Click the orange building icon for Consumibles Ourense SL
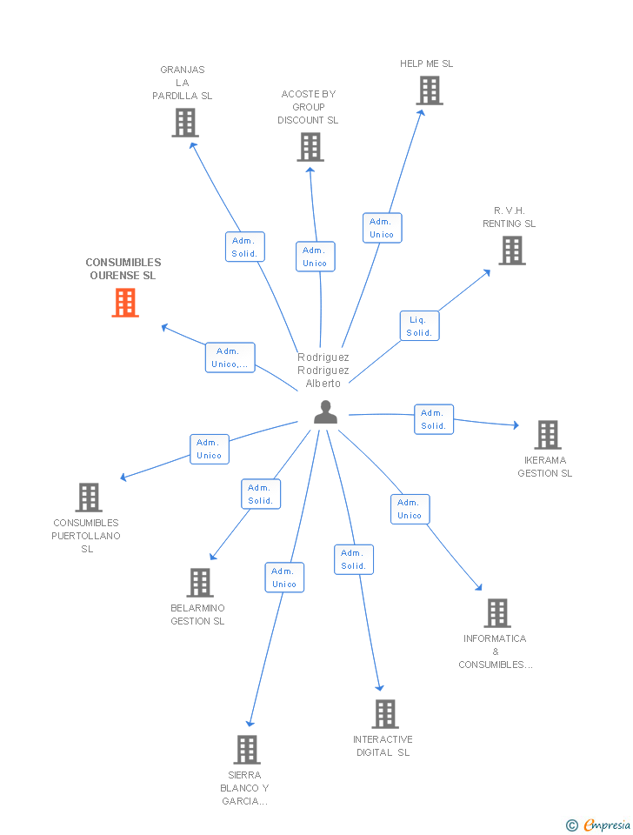(125, 303)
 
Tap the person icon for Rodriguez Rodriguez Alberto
(325, 412)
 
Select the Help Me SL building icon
(429, 90)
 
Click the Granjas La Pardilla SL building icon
(184, 123)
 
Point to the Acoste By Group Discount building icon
(310, 147)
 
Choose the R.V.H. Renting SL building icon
(511, 250)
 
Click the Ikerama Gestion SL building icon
(547, 435)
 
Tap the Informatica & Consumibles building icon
(496, 613)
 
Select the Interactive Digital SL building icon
(385, 714)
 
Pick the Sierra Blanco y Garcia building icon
(247, 750)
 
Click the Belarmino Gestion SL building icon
(200, 583)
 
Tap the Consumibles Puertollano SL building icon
(89, 498)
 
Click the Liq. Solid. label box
(419, 326)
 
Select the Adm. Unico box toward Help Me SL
(382, 228)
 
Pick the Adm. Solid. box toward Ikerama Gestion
(433, 419)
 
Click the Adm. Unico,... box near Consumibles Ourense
(230, 357)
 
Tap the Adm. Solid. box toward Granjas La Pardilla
(244, 247)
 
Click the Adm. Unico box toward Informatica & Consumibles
(410, 509)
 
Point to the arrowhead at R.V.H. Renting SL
(487, 272)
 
